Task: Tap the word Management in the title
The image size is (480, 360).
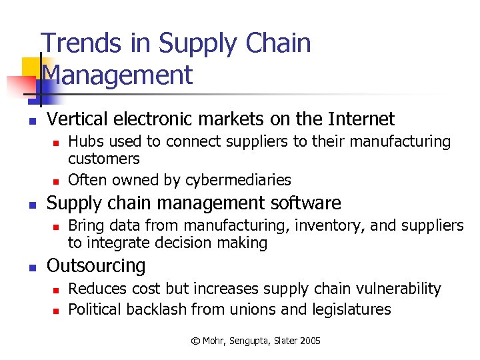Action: (x=117, y=75)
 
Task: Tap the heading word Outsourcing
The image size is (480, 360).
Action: (x=96, y=265)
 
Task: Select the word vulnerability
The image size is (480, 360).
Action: (x=400, y=289)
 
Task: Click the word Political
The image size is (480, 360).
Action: (x=94, y=309)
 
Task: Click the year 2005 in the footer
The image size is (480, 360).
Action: (x=310, y=341)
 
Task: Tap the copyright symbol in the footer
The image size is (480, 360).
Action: (x=195, y=341)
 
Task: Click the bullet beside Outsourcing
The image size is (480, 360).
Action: (x=31, y=268)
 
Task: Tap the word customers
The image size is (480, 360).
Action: (x=104, y=159)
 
